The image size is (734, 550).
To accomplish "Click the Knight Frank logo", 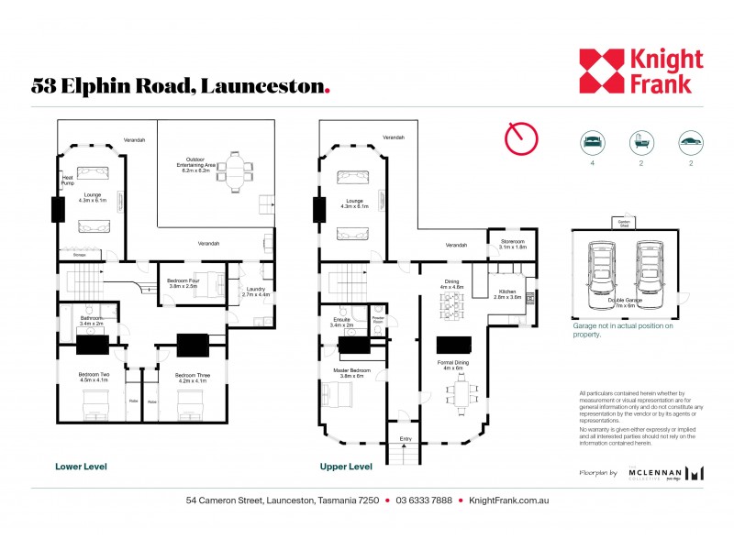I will tap(640, 71).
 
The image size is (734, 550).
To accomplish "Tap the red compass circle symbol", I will tap(520, 138).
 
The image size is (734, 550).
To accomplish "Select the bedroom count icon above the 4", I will tap(592, 142).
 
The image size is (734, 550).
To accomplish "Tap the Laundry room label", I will tap(258, 291).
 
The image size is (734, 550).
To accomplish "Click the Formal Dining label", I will tap(454, 366).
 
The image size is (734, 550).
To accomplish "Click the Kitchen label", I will tap(507, 293).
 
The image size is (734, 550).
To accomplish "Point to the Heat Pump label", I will tap(68, 180).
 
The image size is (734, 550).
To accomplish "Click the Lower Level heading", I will tap(82, 467).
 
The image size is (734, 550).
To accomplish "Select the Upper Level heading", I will tap(346, 467).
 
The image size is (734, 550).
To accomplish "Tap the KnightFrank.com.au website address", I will tap(508, 500).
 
